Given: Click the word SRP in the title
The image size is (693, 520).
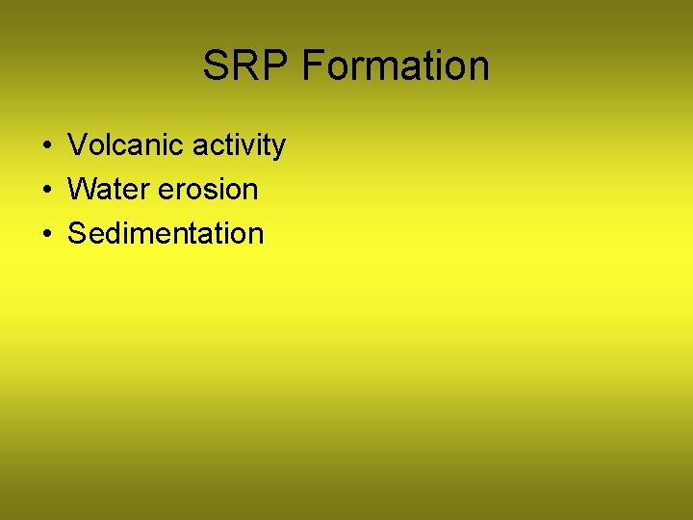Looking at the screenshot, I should (x=246, y=65).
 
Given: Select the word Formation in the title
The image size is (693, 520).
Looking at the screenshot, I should (x=396, y=65).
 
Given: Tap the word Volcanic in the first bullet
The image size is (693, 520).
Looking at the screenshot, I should (x=126, y=145).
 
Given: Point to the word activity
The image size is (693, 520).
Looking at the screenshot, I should (x=239, y=145).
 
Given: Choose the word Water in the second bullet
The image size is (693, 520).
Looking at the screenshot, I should (x=109, y=190).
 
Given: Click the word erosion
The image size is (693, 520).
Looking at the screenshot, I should (x=208, y=190).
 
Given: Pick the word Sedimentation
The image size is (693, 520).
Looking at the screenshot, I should (x=166, y=234).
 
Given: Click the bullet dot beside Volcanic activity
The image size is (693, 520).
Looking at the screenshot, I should (x=46, y=146).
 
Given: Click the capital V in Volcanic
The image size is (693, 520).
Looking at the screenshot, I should (x=77, y=145).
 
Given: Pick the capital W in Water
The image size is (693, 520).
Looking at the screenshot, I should (x=82, y=190).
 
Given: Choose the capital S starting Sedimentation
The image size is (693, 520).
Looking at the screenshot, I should (x=77, y=234).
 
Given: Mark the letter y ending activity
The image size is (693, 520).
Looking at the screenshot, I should (x=278, y=147).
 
